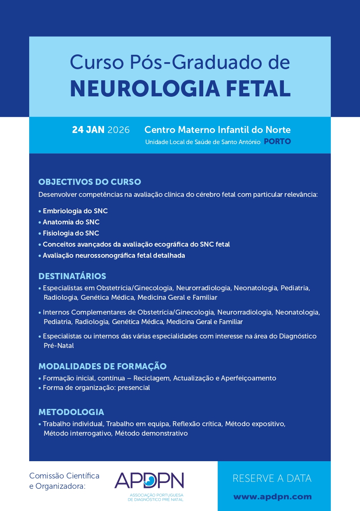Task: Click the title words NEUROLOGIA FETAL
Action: point(180,88)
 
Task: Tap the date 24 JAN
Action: point(88,130)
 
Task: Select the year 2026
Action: point(118,130)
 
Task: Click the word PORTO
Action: point(277,142)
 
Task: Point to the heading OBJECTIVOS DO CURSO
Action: point(90,182)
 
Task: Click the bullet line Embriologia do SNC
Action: point(75,211)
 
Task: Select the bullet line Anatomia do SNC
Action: point(71,222)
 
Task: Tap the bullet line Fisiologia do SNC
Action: point(71,233)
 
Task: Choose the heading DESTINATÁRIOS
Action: point(72,276)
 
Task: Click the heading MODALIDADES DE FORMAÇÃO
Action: point(102,366)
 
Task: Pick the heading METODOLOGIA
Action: point(71,412)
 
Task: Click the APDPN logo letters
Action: point(149,480)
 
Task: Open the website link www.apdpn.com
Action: point(272,497)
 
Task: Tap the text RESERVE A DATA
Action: point(272,478)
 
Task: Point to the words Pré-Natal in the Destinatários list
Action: point(58,346)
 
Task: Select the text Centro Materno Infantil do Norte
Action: point(217,130)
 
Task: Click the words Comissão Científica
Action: point(64,476)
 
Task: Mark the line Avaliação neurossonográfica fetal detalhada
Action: point(114,255)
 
